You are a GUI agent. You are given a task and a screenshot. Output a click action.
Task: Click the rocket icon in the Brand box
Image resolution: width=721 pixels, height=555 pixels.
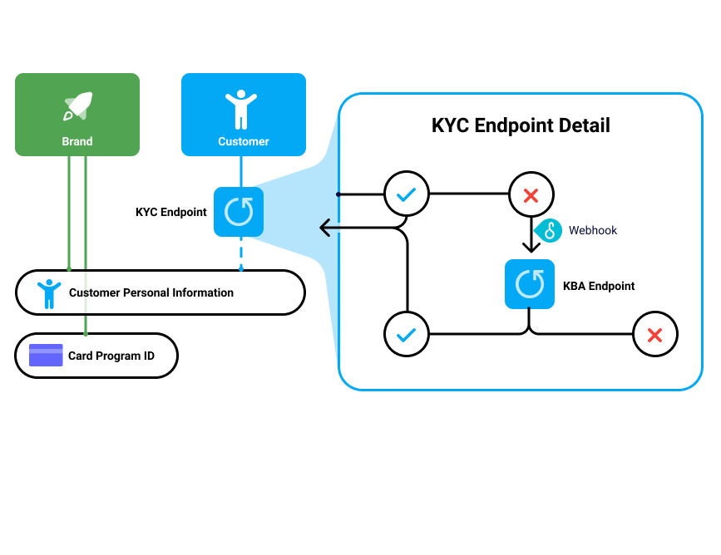pos(77,106)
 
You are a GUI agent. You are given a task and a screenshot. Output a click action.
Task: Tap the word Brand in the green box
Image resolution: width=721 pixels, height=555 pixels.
pos(77,141)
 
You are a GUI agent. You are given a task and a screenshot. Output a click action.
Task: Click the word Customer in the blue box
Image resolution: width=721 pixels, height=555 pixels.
pos(244,141)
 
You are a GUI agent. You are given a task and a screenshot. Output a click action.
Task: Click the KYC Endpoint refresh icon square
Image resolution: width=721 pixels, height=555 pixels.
pos(239,212)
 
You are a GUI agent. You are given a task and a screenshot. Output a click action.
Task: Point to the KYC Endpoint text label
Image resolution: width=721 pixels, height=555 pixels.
pos(171,212)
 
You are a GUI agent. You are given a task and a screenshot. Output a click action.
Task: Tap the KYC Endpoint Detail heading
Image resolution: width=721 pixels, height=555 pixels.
pos(521,125)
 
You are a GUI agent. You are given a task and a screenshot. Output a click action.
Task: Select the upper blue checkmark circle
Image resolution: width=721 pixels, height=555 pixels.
pos(406,195)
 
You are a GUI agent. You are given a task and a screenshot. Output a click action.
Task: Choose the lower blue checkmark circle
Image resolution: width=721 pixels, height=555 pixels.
pos(406,335)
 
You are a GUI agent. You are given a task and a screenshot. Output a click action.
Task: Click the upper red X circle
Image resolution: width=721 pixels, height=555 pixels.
pos(530,196)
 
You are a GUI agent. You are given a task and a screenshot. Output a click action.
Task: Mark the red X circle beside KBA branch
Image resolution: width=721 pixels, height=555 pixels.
pos(654,335)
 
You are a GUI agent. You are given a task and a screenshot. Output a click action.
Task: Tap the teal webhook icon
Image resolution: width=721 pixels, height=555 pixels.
pos(548,230)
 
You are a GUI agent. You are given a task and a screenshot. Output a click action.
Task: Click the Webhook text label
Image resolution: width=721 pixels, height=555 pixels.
pos(593,230)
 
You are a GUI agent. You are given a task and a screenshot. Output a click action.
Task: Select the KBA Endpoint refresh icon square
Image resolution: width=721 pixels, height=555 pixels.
pos(530,284)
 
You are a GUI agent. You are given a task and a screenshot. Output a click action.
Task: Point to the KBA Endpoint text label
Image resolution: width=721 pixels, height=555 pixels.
pos(600,286)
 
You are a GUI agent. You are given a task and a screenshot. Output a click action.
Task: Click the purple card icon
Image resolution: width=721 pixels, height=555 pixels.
pos(46,356)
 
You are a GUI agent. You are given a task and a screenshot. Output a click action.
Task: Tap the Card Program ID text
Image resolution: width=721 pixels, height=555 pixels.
pos(111,356)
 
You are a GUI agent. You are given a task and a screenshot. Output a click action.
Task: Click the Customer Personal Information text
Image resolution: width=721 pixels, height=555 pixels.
pos(151,292)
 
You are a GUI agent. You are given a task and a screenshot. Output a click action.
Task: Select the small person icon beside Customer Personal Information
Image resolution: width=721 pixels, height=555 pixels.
pos(49,292)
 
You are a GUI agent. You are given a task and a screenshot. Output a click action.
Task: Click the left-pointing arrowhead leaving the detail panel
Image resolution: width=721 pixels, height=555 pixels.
pos(326,227)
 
